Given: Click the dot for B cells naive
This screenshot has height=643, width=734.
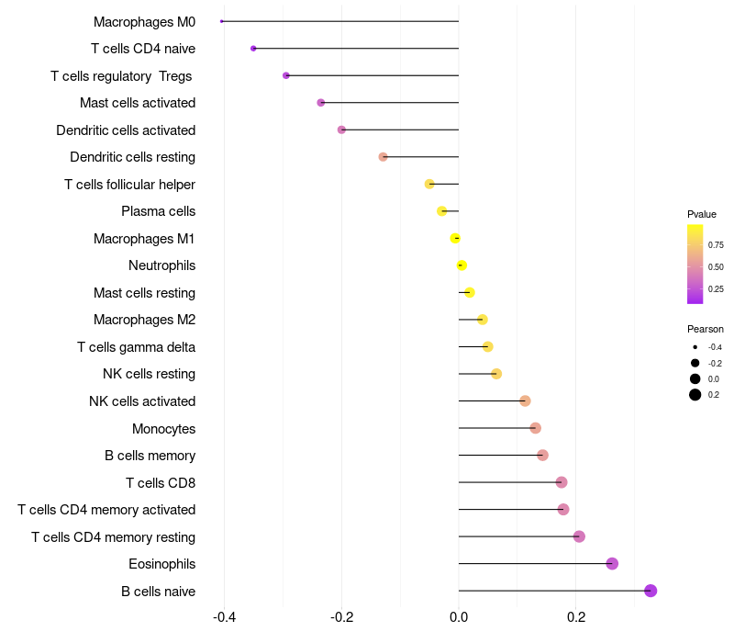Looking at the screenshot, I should pos(651,591).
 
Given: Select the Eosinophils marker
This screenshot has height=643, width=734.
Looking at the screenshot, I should pos(612,564).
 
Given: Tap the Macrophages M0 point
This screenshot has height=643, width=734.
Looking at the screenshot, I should pos(222,21).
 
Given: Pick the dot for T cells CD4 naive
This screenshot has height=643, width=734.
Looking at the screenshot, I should pos(253,48).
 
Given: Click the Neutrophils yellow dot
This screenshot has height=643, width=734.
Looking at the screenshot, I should pos(462,265).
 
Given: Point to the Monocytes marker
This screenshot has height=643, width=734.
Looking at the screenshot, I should pos(535,428).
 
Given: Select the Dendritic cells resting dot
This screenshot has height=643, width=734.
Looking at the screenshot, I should pos(384,157).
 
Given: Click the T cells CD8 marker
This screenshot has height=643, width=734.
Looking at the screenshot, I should pos(562,482).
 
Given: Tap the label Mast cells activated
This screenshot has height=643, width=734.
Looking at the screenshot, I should pos(138,103).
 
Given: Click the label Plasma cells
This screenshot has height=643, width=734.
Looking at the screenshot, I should pos(158,211).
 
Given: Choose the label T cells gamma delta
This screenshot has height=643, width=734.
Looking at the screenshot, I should pos(136,347).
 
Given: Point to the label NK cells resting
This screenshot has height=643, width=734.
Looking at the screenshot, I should pos(149,374).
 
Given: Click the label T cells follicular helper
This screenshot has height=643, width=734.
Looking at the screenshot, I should pos(129,185).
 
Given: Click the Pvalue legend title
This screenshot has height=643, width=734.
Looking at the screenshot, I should pos(702,214).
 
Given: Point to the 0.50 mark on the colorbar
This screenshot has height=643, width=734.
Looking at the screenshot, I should pos(716,266).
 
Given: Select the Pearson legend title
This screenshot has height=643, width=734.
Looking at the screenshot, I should pos(706,329).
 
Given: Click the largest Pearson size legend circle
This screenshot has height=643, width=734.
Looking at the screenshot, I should pos(695,395).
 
